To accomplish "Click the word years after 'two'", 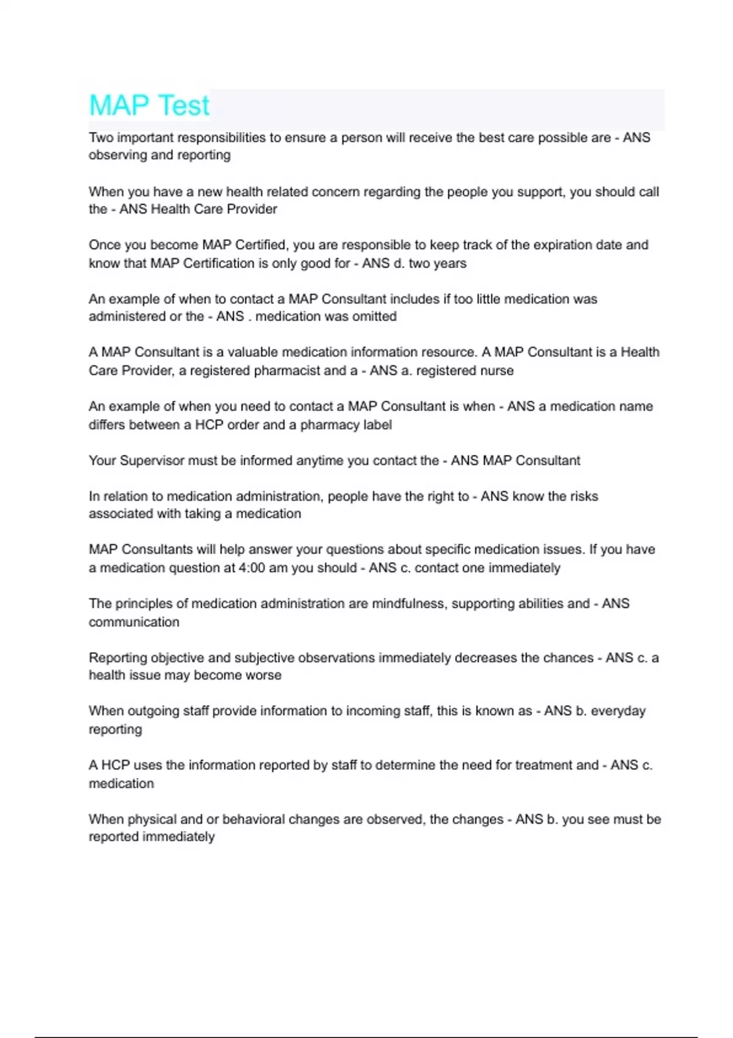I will coord(450,263).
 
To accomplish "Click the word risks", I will coord(584,496).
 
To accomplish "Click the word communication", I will coord(134,622).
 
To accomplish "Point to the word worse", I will coord(265,675).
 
